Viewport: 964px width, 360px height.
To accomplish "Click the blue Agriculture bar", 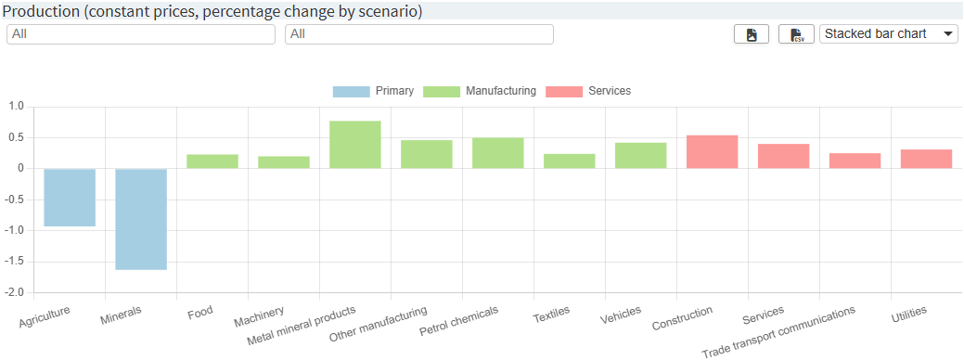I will click(70, 197).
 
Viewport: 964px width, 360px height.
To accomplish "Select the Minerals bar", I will click(141, 219).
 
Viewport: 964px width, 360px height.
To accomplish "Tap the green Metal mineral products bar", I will click(355, 145).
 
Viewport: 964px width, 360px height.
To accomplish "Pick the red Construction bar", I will click(713, 152).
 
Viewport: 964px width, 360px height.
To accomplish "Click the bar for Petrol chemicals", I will click(498, 153).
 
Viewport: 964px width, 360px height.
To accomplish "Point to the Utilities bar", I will click(926, 159).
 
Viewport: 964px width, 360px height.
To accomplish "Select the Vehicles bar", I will click(641, 156).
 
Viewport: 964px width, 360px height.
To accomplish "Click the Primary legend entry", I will click(373, 91).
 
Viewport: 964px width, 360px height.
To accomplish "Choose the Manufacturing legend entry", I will click(480, 91).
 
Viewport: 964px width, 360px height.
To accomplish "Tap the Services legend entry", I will click(588, 91).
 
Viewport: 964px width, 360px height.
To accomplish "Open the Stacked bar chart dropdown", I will click(889, 34).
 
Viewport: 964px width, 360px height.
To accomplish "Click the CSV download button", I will click(796, 34).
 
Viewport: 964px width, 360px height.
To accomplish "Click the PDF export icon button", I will click(752, 34).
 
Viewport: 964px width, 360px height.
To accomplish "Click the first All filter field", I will click(141, 34).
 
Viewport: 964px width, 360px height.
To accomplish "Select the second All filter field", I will click(419, 34).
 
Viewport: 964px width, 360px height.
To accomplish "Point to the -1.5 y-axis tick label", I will click(15, 262).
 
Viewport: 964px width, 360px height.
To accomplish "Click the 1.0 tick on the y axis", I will click(17, 107).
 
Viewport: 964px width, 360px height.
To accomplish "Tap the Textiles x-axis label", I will click(551, 315).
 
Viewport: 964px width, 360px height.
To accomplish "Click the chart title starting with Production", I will click(213, 11).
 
